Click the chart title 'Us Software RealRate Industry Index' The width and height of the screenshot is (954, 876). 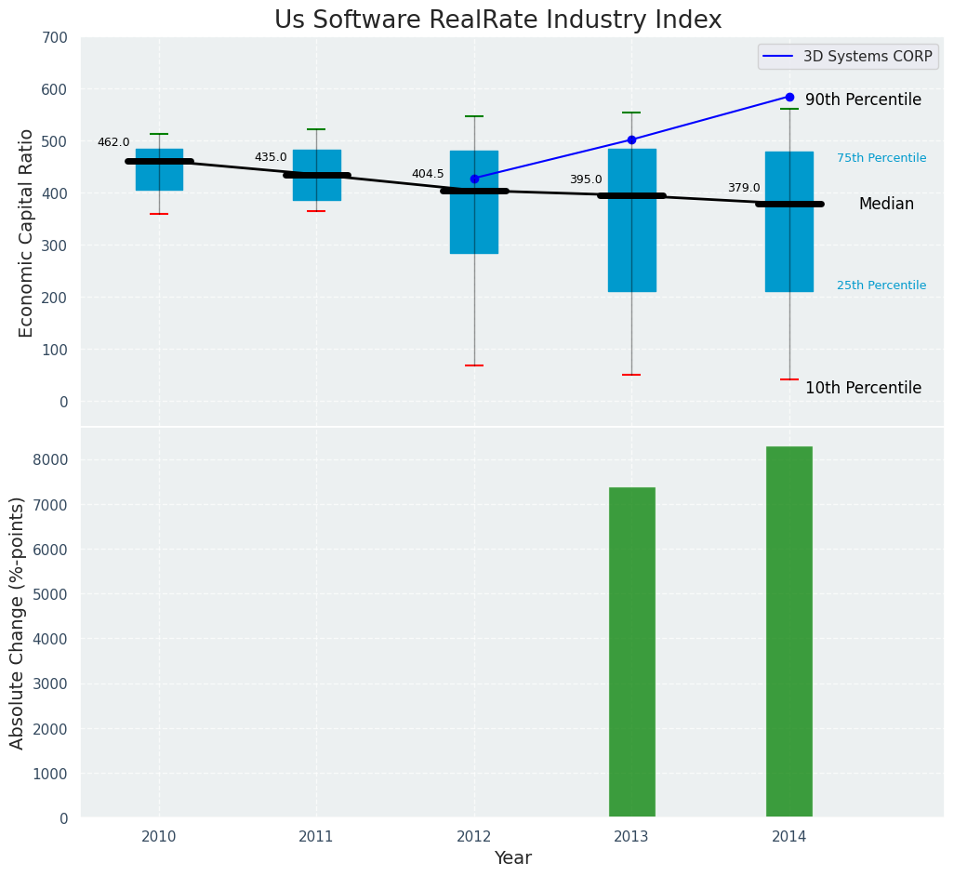497,20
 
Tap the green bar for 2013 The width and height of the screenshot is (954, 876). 632,652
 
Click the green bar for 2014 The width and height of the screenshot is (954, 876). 789,631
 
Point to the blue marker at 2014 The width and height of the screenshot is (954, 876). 789,97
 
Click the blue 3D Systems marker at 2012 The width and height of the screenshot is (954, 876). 474,179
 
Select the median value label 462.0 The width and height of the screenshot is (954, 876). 113,142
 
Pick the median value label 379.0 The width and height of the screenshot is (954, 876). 744,188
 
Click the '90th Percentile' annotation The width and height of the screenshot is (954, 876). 863,100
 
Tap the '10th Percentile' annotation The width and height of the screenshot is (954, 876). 863,388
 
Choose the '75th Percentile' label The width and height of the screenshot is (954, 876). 881,158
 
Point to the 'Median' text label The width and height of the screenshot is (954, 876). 886,204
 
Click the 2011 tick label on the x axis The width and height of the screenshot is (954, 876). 316,837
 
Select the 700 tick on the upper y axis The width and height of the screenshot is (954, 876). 55,37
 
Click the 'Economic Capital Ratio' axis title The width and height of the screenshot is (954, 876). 27,232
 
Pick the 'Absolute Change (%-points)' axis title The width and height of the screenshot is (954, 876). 18,622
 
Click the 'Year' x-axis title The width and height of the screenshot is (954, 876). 512,858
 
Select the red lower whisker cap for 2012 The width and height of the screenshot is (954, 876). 474,365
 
